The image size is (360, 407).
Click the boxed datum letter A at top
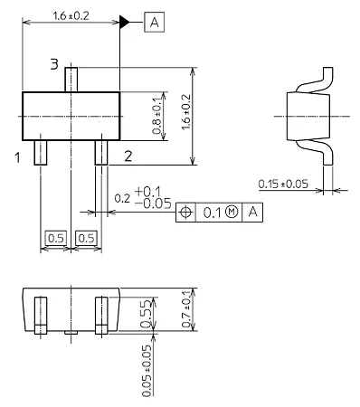pyautogui.click(x=155, y=22)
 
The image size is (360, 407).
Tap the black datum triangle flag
pyautogui.click(x=124, y=22)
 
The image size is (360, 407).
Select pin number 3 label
pyautogui.click(x=54, y=64)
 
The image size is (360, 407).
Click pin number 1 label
pyautogui.click(x=18, y=157)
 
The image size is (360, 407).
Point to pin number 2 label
pyautogui.click(x=128, y=156)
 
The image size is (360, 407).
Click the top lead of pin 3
pyautogui.click(x=71, y=80)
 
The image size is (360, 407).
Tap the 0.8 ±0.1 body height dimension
pyautogui.click(x=157, y=116)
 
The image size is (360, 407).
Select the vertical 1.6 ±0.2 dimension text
pyautogui.click(x=186, y=112)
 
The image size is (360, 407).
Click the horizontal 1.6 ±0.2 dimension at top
pyautogui.click(x=71, y=16)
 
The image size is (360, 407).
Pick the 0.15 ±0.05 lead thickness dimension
pyautogui.click(x=283, y=184)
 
